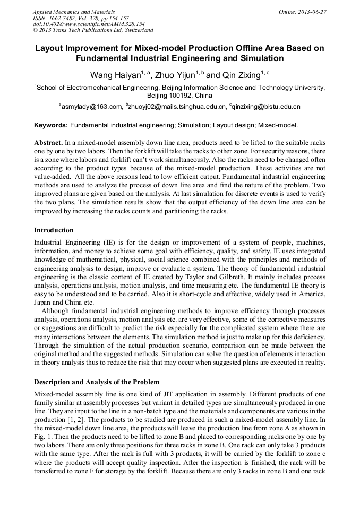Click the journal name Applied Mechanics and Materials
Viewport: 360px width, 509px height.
pyautogui.click(x=74, y=12)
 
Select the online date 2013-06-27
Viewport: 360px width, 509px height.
pyautogui.click(x=311, y=12)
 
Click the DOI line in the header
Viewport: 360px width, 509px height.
pyautogui.click(x=89, y=24)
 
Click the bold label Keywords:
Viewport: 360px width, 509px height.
pyautogui.click(x=51, y=126)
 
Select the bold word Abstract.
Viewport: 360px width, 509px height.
pyautogui.click(x=48, y=143)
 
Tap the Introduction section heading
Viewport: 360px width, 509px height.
pyautogui.click(x=54, y=230)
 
